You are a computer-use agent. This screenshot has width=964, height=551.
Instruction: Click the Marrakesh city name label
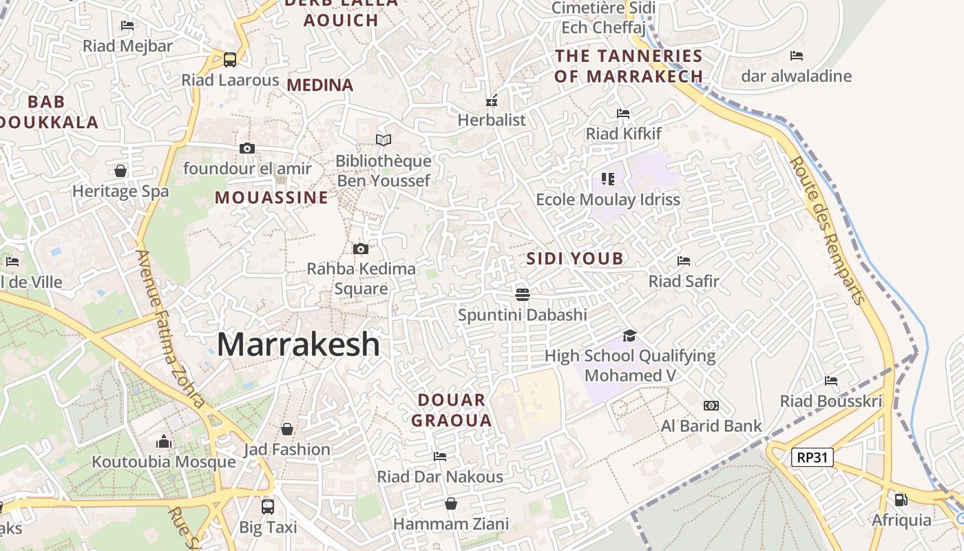pyautogui.click(x=298, y=344)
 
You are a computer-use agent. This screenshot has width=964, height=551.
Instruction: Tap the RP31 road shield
pyautogui.click(x=812, y=457)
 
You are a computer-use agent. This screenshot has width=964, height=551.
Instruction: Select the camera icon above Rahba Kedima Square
pyautogui.click(x=360, y=249)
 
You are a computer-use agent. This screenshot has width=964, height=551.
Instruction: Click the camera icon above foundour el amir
pyautogui.click(x=247, y=148)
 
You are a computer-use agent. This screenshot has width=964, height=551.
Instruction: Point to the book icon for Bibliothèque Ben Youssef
pyautogui.click(x=384, y=140)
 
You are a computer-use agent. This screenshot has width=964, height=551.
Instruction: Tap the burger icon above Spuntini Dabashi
pyautogui.click(x=523, y=295)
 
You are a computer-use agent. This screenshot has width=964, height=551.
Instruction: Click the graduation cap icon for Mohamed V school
pyautogui.click(x=629, y=335)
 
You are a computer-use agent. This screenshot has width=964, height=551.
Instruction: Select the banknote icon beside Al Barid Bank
pyautogui.click(x=711, y=406)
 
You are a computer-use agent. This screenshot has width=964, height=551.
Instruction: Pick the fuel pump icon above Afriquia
pyautogui.click(x=901, y=499)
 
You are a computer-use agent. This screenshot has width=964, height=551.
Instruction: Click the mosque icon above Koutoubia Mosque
pyautogui.click(x=164, y=441)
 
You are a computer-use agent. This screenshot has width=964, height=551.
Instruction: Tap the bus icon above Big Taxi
pyautogui.click(x=268, y=507)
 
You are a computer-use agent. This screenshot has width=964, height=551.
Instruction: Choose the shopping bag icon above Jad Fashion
pyautogui.click(x=287, y=429)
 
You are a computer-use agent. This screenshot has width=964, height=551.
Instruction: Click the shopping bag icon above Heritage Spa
pyautogui.click(x=120, y=170)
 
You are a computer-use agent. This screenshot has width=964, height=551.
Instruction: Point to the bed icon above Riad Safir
pyautogui.click(x=684, y=260)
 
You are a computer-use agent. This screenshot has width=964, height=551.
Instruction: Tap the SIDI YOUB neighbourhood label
pyautogui.click(x=575, y=259)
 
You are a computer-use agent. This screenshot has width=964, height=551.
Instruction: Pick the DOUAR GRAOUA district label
pyautogui.click(x=452, y=410)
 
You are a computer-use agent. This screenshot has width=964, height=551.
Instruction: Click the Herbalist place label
pyautogui.click(x=492, y=120)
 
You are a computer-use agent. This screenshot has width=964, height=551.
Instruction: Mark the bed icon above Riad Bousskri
pyautogui.click(x=831, y=380)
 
